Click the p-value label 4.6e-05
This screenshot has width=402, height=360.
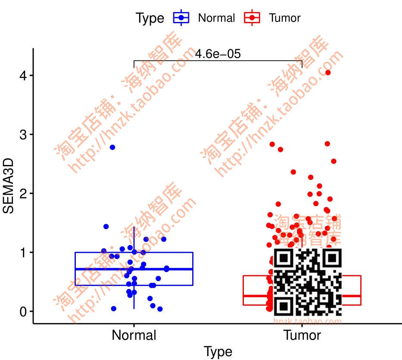[218, 54]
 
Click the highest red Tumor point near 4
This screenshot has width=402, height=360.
[328, 72]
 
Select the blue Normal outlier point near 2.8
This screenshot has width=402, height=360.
[112, 147]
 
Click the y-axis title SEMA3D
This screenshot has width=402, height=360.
[9, 186]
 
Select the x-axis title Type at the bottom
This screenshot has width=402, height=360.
[218, 351]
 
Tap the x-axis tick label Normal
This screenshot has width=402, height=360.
[134, 335]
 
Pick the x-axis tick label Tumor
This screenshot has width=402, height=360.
[302, 335]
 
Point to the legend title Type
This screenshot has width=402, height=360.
[150, 18]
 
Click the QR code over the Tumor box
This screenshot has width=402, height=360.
[308, 282]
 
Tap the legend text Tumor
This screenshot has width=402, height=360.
[285, 18]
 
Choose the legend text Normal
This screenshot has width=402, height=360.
[216, 18]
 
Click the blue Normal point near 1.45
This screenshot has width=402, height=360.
[106, 227]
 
